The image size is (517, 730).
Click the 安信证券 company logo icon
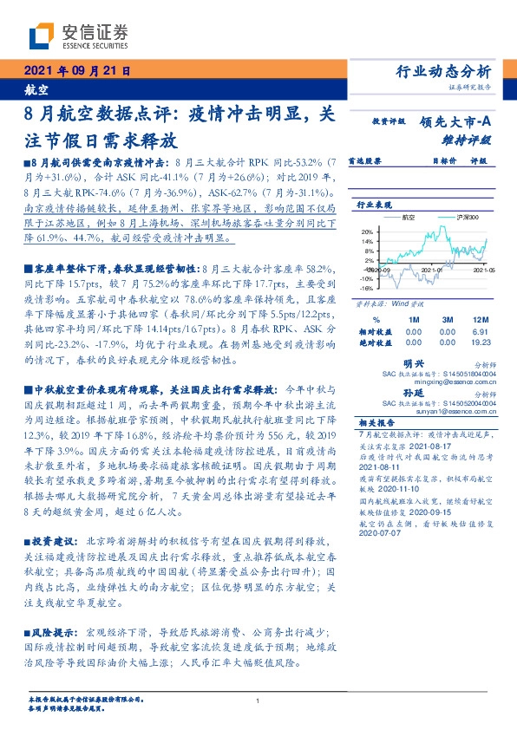pyautogui.click(x=42, y=36)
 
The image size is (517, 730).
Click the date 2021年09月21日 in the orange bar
pyautogui.click(x=75, y=71)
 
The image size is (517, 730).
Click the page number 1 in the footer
pyautogui.click(x=258, y=701)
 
